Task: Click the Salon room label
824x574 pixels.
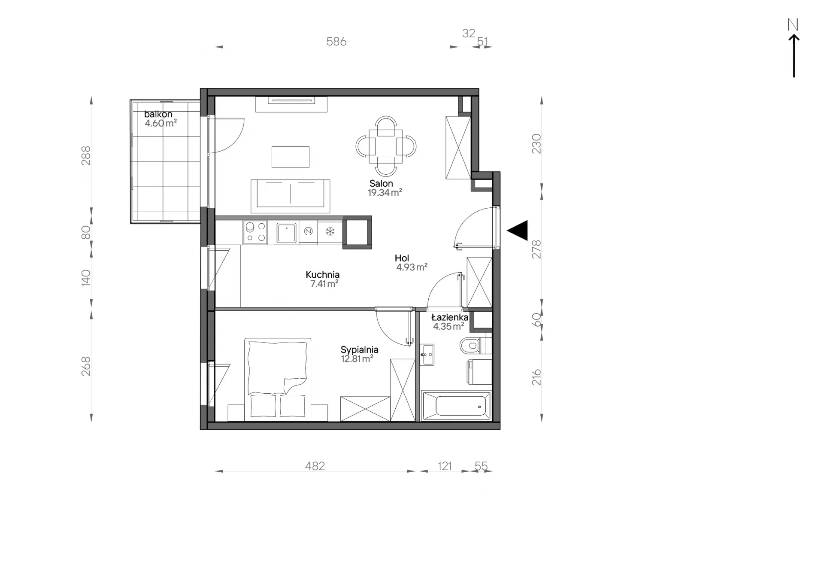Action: coord(381,183)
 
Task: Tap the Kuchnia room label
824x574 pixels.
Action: coord(322,274)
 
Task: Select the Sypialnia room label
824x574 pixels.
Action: coord(359,349)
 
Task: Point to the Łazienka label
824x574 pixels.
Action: coord(450,317)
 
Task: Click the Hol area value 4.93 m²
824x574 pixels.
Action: coord(412,267)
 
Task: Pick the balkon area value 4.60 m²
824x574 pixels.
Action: coord(161,123)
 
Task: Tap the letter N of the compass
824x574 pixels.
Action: coord(793,24)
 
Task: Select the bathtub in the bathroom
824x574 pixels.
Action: coord(456,405)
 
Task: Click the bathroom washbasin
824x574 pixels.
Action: coord(427,355)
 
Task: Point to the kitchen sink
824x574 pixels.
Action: coord(286,232)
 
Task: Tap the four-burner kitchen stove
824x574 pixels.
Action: coord(255,232)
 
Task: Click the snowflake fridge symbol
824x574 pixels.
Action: coord(330,232)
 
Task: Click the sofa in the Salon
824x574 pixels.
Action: coord(291,196)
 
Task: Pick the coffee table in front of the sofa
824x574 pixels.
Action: coord(291,157)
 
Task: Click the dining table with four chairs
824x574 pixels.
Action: coord(386,146)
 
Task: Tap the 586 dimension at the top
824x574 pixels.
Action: coord(336,41)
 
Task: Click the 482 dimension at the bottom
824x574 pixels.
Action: coord(315,466)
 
